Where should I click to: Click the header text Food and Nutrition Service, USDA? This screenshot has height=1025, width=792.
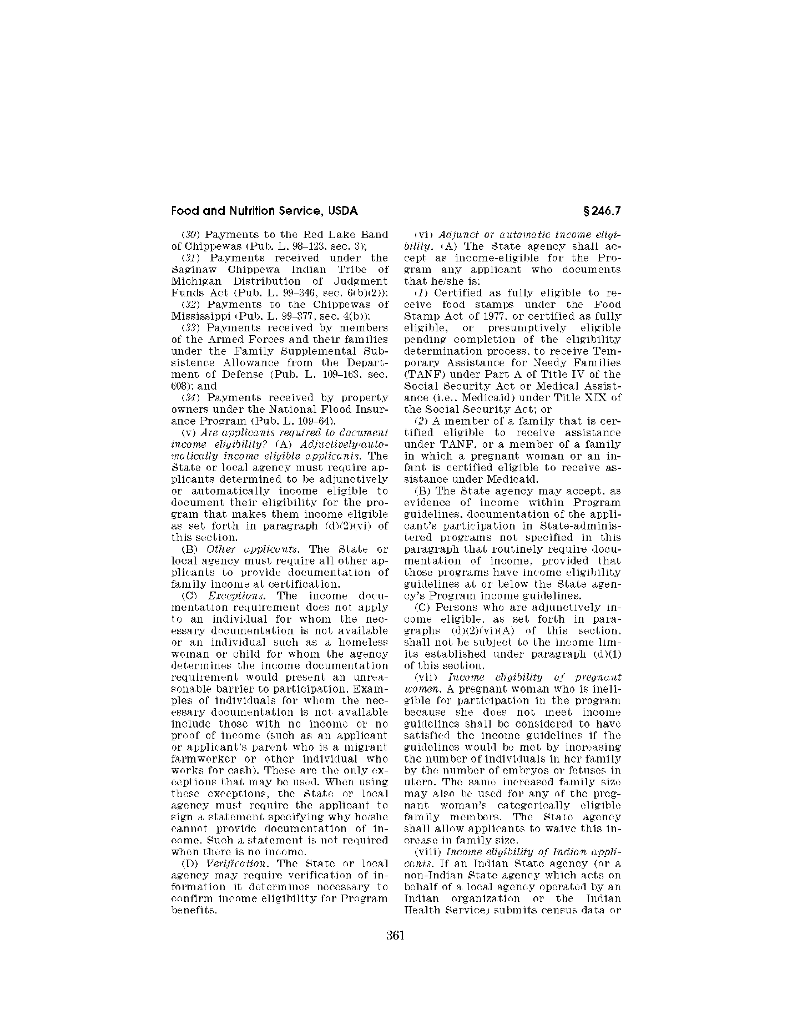click(264, 211)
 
